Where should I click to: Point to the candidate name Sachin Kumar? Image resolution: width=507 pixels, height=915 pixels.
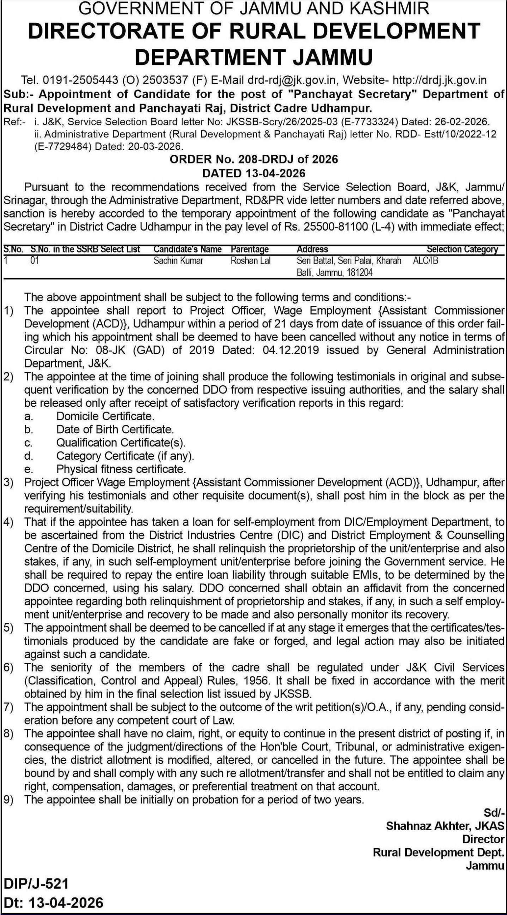[178, 261]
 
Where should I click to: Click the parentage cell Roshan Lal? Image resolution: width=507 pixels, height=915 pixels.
[250, 261]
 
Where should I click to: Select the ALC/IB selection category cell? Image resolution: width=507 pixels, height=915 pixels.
[425, 261]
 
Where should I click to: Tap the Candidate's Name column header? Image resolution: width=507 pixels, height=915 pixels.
[187, 249]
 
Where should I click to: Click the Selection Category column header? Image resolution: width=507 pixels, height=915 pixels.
[462, 249]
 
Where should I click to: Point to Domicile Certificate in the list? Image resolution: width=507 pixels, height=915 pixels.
[105, 416]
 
